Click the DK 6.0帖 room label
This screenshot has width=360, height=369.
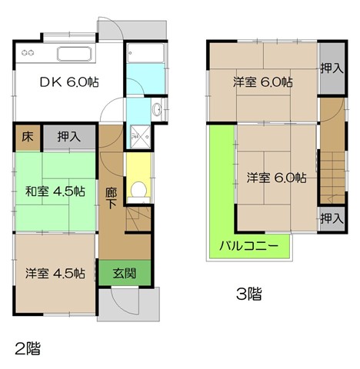pos(69,82)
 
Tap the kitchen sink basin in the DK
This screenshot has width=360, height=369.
pos(75,54)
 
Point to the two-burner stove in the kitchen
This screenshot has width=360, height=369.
pos(28,53)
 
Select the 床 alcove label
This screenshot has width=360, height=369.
pos(28,137)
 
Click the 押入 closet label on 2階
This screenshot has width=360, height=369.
pos(69,137)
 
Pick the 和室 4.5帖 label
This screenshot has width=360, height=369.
pos(55,191)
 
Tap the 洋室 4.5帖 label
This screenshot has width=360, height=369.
pos(55,273)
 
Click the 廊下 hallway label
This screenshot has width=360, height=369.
pos(112,198)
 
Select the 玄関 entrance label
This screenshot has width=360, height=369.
pos(125,274)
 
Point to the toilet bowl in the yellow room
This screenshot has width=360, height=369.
pos(138,190)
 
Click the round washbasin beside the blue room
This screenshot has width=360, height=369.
pos(156,110)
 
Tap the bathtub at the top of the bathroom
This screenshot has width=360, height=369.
pos(145,53)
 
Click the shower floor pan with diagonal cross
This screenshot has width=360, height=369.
pos(140,137)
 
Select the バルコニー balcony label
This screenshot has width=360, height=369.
pos(248,246)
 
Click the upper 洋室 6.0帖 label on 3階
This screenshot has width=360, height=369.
pos(263,82)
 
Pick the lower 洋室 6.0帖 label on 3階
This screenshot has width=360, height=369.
pos(276,178)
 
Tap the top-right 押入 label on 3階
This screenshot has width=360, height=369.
pos(332,68)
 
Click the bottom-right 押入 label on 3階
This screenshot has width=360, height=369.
pos(332,218)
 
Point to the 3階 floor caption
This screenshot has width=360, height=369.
pos(249,294)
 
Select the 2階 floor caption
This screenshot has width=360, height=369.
pos(28,348)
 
